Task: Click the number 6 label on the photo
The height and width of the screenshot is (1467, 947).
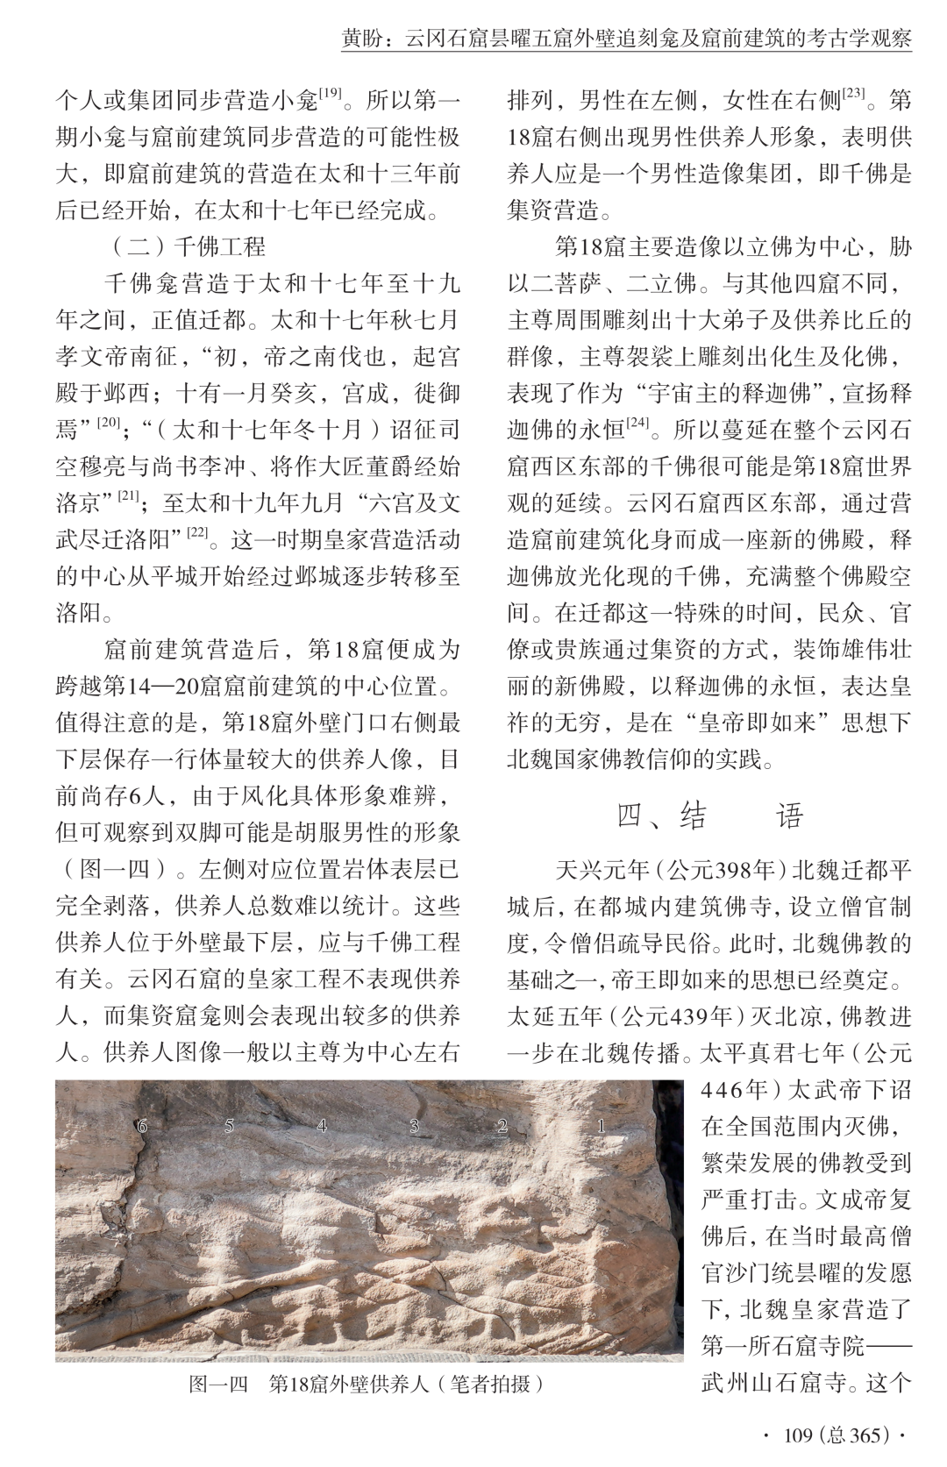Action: click(142, 1126)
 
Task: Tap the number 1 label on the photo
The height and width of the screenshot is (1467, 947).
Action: click(602, 1125)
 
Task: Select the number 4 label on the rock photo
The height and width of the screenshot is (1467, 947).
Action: click(322, 1125)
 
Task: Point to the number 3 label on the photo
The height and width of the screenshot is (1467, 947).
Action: click(414, 1125)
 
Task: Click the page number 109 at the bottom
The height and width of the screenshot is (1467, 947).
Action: click(799, 1435)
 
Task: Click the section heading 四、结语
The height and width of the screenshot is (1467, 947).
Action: click(709, 816)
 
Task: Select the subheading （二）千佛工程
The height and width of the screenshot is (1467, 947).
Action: click(189, 246)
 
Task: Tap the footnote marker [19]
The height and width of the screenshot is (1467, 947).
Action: click(330, 91)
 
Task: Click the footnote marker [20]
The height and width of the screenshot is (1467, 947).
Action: click(109, 422)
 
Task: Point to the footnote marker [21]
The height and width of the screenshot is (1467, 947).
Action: click(129, 495)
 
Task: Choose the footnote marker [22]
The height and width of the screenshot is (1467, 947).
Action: click(196, 532)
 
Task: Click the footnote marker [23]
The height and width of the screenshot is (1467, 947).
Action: click(854, 91)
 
